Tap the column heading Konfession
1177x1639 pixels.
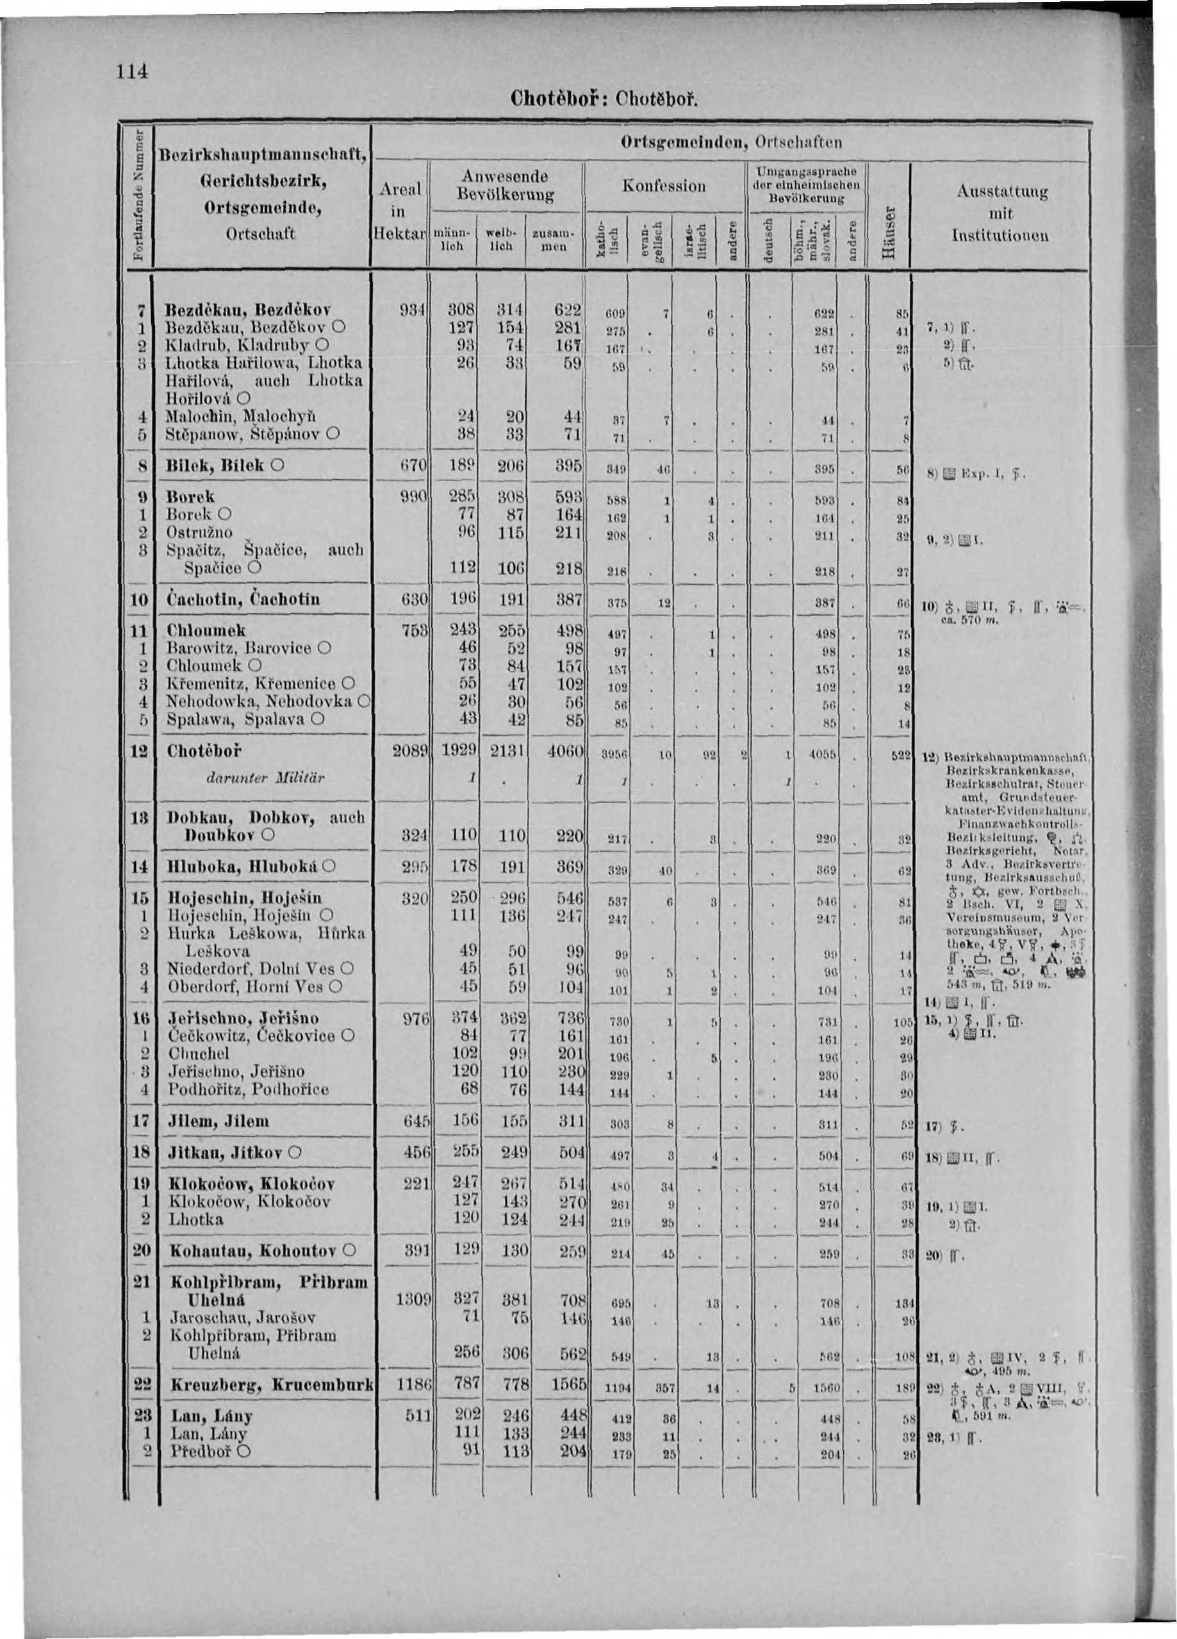(x=664, y=186)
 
